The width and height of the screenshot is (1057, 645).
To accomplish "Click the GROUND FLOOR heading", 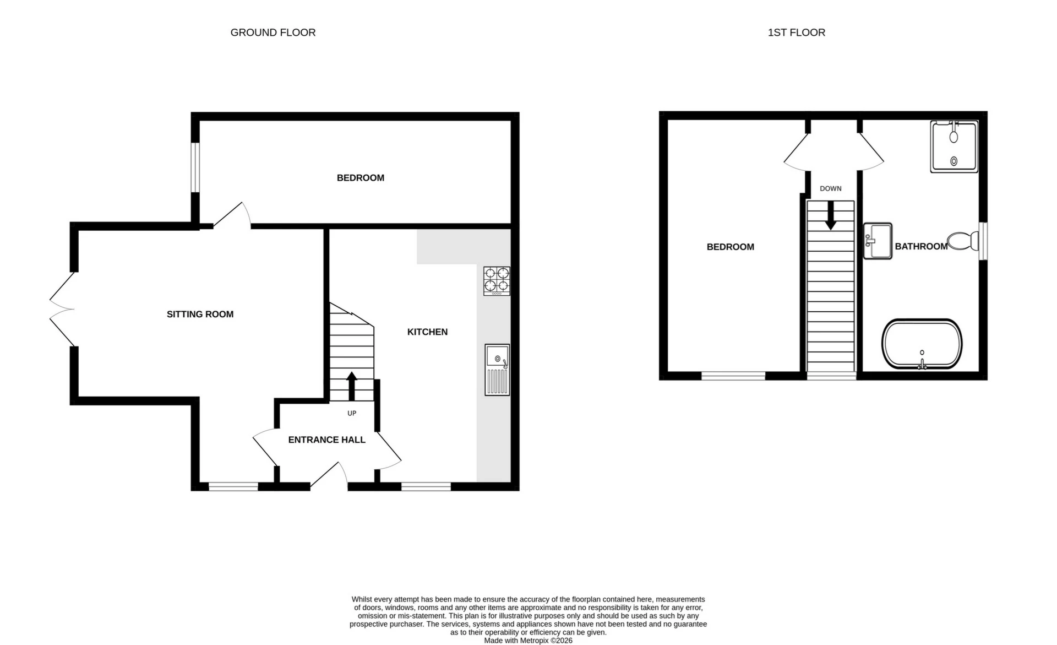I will pyautogui.click(x=273, y=32).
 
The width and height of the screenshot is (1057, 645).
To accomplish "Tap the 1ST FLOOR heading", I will pyautogui.click(x=796, y=32).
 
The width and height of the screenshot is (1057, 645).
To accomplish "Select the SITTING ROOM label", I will pyautogui.click(x=200, y=314).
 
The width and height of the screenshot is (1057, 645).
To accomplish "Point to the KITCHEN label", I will pyautogui.click(x=427, y=332).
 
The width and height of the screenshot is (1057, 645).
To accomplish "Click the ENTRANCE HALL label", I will pyautogui.click(x=326, y=440).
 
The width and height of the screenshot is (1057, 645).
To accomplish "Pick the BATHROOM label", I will pyautogui.click(x=920, y=246).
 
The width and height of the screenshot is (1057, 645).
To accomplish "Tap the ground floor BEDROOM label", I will pyautogui.click(x=360, y=178).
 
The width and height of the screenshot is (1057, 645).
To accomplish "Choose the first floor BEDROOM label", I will pyautogui.click(x=730, y=247).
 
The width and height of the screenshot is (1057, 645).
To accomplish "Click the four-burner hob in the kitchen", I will pyautogui.click(x=497, y=281).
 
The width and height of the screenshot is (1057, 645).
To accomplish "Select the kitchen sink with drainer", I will pyautogui.click(x=497, y=370).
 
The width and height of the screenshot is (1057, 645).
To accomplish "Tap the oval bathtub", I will pyautogui.click(x=922, y=344).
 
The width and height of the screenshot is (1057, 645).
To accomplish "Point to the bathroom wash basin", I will pyautogui.click(x=877, y=241).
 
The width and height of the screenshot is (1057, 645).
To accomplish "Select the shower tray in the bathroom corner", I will pyautogui.click(x=954, y=147).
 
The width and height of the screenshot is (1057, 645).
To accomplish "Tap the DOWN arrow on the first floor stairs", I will pyautogui.click(x=830, y=215).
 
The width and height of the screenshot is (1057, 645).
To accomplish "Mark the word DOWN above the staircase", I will pyautogui.click(x=830, y=188).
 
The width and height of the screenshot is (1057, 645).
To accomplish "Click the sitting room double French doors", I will pyautogui.click(x=62, y=310).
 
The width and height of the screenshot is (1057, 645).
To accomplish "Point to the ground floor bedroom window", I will pyautogui.click(x=195, y=167).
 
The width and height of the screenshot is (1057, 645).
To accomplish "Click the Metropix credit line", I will pyautogui.click(x=528, y=641).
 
